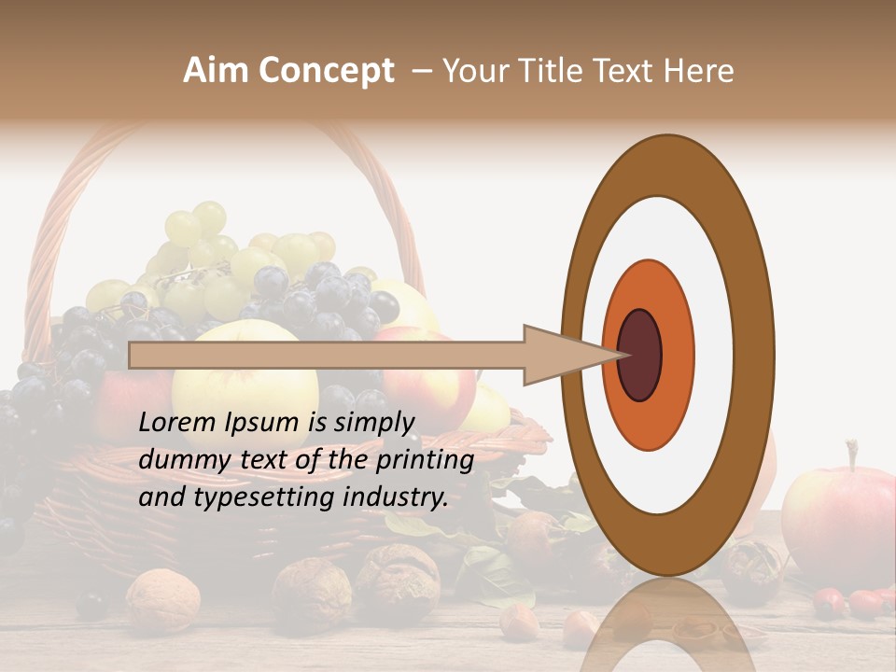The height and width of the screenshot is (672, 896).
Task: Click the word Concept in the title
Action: (x=326, y=72)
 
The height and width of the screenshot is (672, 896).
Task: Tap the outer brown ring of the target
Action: (x=666, y=164)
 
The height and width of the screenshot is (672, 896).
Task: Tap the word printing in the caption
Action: (x=426, y=460)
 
